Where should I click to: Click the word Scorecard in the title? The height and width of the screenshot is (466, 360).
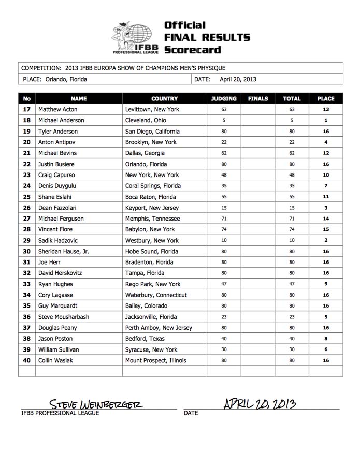point(192,50)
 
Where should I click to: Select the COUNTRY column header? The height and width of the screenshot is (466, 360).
point(164,98)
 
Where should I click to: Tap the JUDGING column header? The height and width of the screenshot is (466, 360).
point(224,98)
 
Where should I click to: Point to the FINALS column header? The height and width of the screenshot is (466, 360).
point(258,98)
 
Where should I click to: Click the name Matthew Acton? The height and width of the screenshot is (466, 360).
point(58,110)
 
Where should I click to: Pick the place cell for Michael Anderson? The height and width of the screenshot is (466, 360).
point(326,121)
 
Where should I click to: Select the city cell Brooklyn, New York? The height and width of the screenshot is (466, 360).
point(151,142)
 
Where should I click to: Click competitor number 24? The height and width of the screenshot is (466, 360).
point(27,186)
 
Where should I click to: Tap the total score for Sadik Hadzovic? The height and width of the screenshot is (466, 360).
point(292,241)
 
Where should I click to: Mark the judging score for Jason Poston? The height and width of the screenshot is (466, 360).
point(224,339)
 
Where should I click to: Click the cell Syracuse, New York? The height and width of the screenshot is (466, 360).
point(151,349)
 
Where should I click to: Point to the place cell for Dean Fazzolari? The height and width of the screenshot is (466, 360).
point(326,208)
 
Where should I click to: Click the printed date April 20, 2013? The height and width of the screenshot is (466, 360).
point(238,79)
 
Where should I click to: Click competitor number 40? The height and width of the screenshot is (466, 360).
point(27,360)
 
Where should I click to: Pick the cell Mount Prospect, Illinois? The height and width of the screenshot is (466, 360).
point(155,360)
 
